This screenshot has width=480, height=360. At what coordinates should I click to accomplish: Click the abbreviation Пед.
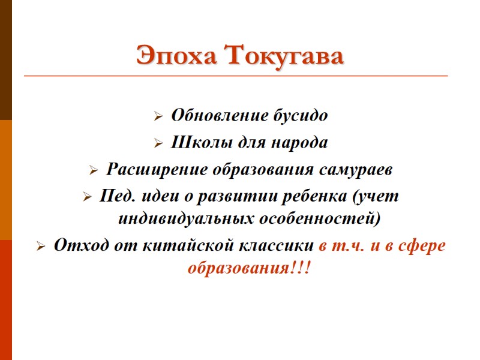coord(113,197)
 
